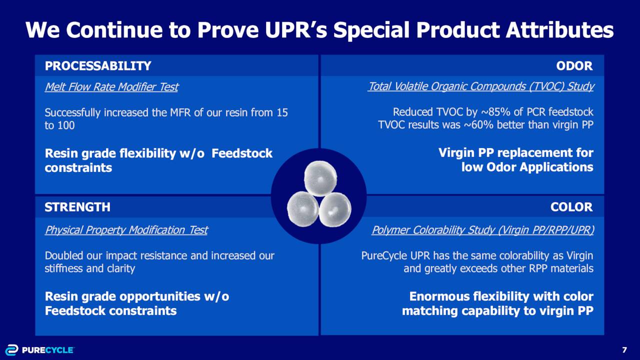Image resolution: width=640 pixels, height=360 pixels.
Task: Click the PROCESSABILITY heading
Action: coord(97,66)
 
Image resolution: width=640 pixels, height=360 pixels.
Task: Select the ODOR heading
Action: coord(574,66)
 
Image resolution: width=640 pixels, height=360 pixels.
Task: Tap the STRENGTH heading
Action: coord(77,207)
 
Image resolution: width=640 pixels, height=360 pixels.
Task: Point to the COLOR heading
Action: coord(571,207)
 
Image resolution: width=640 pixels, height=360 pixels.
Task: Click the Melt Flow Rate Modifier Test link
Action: coord(111,87)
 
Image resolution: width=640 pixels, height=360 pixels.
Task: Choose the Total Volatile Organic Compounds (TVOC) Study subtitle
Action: coord(481,86)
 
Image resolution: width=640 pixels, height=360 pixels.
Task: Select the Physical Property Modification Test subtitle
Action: coord(126,230)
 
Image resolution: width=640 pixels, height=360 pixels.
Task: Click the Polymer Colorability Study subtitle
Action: coord(483,230)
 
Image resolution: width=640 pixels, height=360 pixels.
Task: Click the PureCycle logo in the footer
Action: coord(39,349)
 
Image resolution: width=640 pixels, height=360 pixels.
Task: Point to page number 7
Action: coord(624,349)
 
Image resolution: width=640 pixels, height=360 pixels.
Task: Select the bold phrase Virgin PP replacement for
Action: coord(515,153)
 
